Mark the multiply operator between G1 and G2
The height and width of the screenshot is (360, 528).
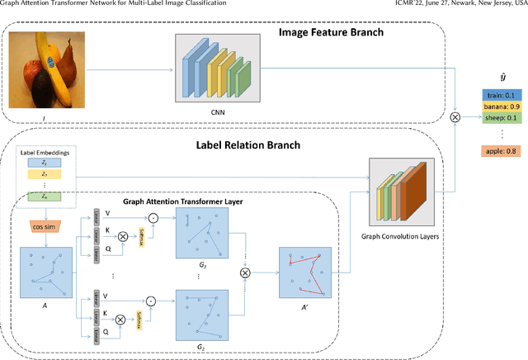pyautogui.click(x=244, y=272)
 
